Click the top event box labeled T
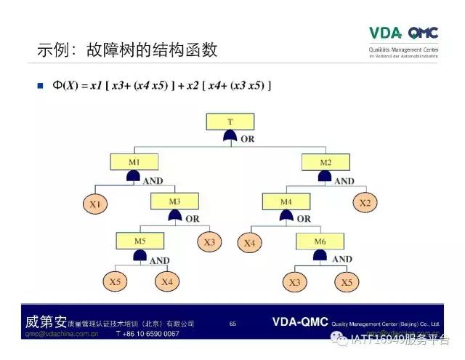(230, 121)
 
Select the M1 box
(133, 161)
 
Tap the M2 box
(325, 161)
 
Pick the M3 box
(174, 201)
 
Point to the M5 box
(139, 239)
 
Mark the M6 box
(320, 240)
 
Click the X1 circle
(95, 205)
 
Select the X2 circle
(365, 203)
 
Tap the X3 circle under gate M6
(295, 282)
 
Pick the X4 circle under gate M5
(166, 281)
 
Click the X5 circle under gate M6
(346, 282)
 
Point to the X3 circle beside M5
(209, 242)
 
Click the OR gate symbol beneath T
(230, 137)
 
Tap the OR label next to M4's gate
(304, 218)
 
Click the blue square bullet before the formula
(41, 86)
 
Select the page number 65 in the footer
(232, 323)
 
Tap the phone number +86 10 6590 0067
(147, 334)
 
